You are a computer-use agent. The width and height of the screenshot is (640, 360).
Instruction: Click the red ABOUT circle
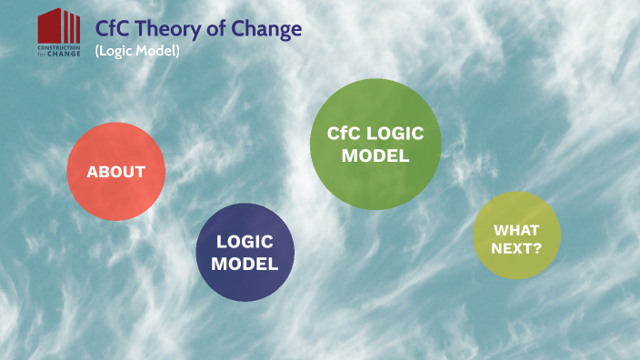coord(116,172)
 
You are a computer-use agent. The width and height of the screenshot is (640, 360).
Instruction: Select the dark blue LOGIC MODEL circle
coord(245,252)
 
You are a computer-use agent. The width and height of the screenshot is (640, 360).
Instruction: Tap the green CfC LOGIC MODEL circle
coord(375,145)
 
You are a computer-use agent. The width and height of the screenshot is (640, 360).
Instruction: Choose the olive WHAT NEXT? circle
coord(516,236)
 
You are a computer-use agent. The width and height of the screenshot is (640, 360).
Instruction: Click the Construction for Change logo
coord(59,33)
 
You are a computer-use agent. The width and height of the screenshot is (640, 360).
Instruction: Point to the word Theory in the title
coord(168,29)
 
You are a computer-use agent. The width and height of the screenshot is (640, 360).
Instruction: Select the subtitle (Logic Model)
coord(136,51)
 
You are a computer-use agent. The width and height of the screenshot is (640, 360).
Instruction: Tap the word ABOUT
coord(116,172)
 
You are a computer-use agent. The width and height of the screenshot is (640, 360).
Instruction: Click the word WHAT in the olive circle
coord(516,229)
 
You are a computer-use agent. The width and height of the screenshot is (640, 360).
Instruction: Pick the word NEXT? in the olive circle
coord(516,245)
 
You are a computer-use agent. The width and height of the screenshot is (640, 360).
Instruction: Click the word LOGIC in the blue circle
coord(245,242)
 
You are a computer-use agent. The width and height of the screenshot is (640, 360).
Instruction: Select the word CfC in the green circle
coord(343,134)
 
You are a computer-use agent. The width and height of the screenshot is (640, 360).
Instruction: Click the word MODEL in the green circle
coord(375,155)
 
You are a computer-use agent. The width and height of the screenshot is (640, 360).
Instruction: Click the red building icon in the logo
coord(59,25)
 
